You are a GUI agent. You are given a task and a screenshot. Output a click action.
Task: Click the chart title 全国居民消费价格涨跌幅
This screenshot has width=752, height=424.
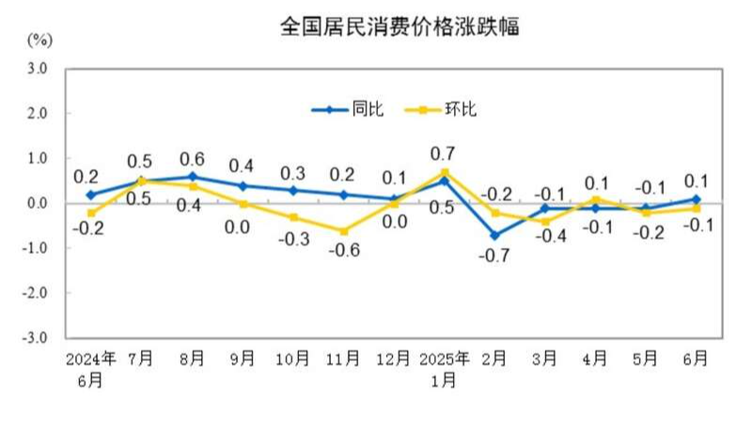click(399, 27)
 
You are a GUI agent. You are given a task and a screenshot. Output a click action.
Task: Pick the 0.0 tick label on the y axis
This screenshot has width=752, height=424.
click(37, 203)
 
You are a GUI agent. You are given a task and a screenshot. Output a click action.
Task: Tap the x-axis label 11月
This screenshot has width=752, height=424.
click(342, 358)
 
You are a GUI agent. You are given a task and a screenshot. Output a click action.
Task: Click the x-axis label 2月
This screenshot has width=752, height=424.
click(494, 358)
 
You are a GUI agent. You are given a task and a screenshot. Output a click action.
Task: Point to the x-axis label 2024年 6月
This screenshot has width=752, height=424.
click(91, 369)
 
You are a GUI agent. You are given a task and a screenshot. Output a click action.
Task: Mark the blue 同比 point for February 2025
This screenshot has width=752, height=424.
click(494, 235)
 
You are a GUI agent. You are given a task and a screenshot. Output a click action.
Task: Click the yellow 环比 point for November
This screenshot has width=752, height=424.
click(343, 230)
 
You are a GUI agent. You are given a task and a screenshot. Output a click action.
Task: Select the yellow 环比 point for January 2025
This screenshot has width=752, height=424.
click(444, 172)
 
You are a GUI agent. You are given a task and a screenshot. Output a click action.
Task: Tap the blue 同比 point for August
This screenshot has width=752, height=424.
click(192, 177)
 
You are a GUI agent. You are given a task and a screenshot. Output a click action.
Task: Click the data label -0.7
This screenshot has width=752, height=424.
click(494, 256)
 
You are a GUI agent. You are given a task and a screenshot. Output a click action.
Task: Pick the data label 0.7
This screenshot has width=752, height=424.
click(444, 152)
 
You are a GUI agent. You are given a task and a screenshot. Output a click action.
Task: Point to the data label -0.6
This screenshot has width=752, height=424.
click(343, 250)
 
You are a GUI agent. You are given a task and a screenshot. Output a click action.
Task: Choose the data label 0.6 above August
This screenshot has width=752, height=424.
click(192, 158)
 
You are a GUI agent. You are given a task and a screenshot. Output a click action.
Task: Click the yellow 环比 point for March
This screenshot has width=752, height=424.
click(545, 222)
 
